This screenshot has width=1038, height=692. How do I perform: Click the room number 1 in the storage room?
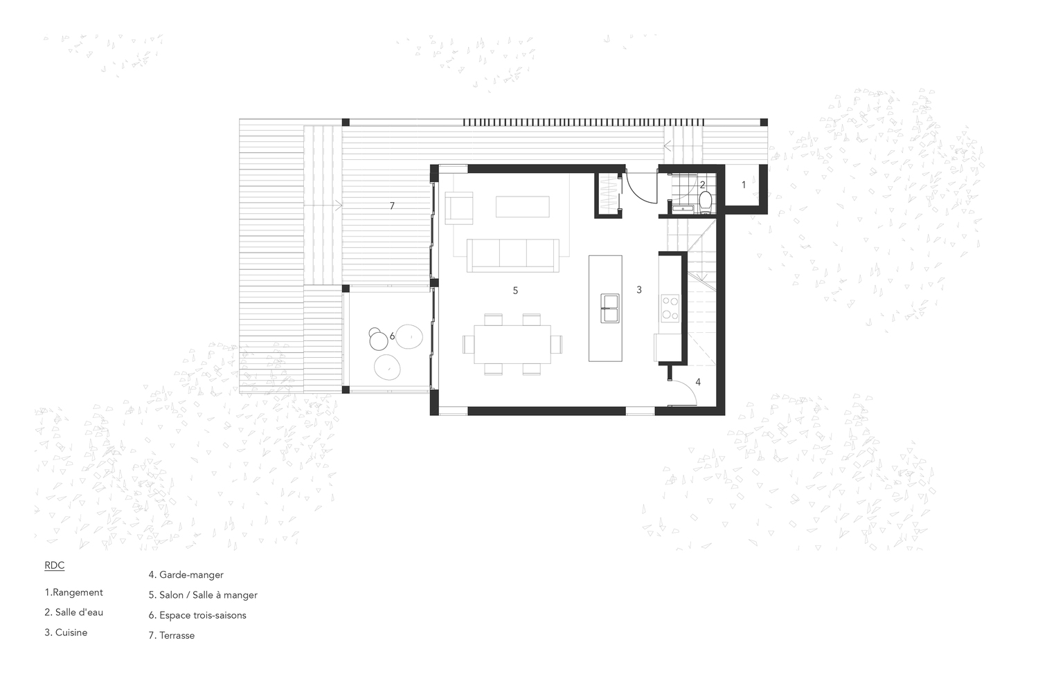tap(744, 185)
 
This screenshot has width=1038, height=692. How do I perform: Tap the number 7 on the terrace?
tap(392, 206)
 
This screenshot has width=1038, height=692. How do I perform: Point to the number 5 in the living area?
tap(515, 291)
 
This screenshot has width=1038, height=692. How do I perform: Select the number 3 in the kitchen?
tap(638, 290)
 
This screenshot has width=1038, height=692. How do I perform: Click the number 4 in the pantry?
tap(698, 382)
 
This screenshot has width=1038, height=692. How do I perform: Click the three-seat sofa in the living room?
tap(513, 254)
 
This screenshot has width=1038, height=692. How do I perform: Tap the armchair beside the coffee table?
tap(459, 209)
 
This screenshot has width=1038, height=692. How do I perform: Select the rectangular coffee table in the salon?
tap(522, 206)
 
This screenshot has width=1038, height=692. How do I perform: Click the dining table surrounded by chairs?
tap(512, 344)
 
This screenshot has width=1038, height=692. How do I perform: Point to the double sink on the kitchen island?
tap(610, 308)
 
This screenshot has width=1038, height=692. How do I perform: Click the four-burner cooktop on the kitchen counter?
tap(670, 307)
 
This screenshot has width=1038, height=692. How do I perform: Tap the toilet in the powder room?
tap(705, 201)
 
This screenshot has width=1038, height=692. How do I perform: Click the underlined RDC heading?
tap(55, 565)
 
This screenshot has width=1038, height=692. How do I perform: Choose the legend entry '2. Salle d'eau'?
tap(74, 612)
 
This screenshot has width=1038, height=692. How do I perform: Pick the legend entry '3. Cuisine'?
tap(66, 632)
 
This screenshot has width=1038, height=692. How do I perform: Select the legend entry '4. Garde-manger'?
tap(186, 574)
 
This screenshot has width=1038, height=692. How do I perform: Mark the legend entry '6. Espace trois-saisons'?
tap(197, 615)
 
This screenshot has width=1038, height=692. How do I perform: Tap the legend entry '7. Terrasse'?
tap(172, 635)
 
